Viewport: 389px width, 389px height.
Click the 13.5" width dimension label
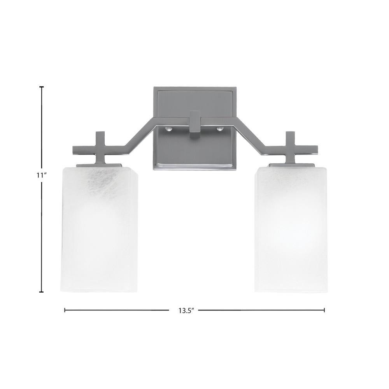pyautogui.click(x=184, y=310)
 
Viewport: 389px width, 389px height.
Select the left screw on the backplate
pyautogui.click(x=168, y=129)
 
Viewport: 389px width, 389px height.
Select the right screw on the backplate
pyautogui.click(x=220, y=129)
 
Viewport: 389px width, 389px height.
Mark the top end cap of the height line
pyautogui.click(x=42, y=87)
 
